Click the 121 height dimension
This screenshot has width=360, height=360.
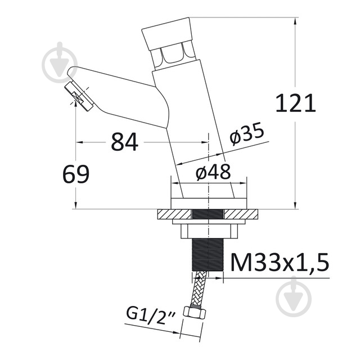(296, 104)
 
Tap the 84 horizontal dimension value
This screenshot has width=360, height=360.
(124, 142)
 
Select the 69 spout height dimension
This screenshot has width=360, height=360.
(75, 175)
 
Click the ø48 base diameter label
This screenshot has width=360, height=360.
(213, 173)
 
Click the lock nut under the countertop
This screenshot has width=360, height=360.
(209, 230)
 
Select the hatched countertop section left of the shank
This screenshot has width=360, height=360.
(174, 214)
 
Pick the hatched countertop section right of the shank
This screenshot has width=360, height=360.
(242, 214)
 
